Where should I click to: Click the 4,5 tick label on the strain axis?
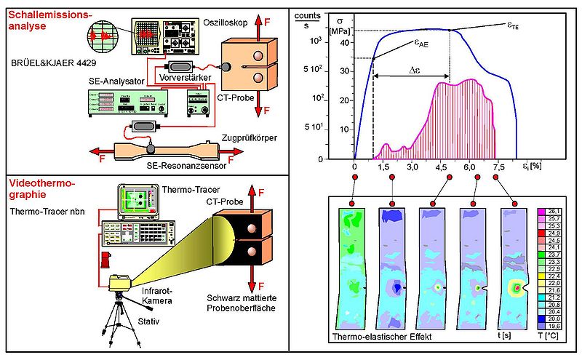coord(441,167)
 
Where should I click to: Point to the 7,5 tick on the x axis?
coord(498,167)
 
